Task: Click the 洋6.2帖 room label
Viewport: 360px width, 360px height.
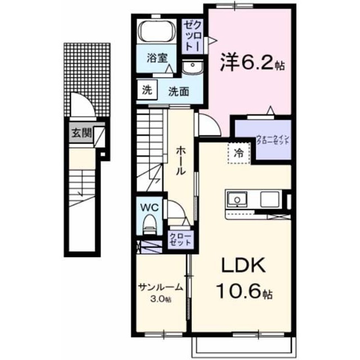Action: tap(253, 62)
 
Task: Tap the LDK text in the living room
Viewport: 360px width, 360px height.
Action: tap(243, 265)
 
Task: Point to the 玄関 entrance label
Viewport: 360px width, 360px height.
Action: tap(82, 133)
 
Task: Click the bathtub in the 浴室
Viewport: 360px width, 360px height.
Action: tap(157, 31)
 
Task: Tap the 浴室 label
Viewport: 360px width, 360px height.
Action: tap(157, 58)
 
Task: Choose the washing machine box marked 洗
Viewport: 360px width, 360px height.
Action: tap(147, 90)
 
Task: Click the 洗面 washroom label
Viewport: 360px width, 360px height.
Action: tap(179, 92)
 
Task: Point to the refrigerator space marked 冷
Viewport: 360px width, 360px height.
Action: tap(238, 152)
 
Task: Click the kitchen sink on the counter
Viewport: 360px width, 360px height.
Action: tap(237, 199)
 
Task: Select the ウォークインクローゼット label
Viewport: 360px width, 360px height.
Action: tap(272, 139)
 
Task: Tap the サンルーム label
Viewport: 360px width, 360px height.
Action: tap(160, 287)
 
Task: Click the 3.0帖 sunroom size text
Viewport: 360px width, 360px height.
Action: tap(160, 299)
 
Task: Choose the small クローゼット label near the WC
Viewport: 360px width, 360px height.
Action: tap(180, 240)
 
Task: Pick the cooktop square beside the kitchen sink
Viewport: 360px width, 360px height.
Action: tap(269, 199)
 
